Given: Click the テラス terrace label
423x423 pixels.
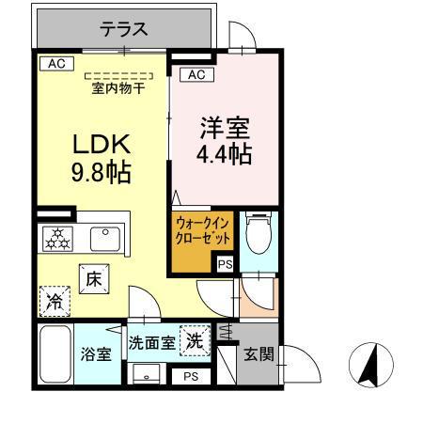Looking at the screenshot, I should coord(124,29).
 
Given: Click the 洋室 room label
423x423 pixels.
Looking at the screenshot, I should coord(223,125).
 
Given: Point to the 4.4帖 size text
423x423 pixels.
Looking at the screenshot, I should coord(224,153).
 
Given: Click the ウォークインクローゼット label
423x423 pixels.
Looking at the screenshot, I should coord(203,231).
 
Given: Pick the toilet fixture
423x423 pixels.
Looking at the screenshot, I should coord(256,233).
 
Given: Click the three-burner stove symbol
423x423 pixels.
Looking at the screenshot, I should coord(57,240).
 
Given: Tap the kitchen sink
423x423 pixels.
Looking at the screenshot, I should coord(105,239).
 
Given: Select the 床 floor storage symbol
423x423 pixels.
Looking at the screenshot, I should coord(95,279).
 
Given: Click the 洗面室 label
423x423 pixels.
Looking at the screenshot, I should coord(151,343).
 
